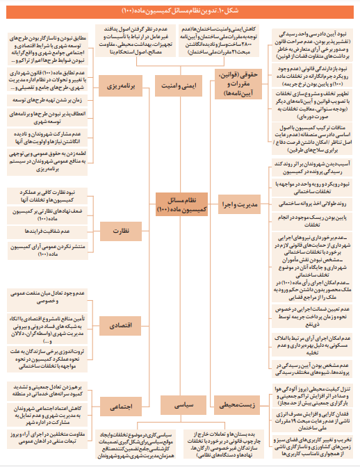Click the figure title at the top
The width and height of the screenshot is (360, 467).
pos(179,10)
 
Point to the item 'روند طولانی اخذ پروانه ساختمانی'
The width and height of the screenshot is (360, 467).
pos(302,205)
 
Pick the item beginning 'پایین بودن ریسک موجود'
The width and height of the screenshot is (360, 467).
pos(302,221)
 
